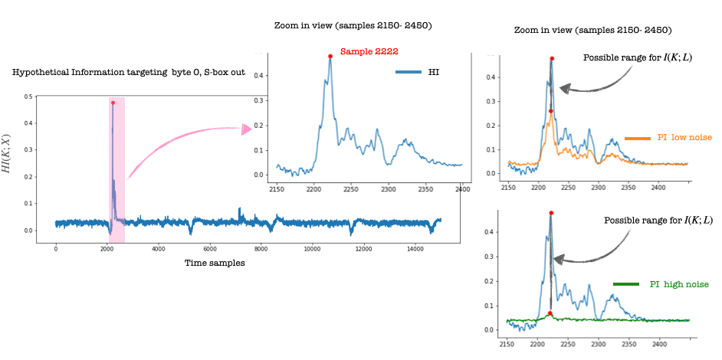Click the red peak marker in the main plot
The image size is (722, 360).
tap(113, 103)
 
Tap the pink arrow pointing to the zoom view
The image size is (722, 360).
tap(245, 129)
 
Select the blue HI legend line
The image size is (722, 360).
tap(409, 72)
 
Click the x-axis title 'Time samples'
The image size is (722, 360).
tap(215, 263)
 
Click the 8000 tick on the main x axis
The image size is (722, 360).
tap(261, 249)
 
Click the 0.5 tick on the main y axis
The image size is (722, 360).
tap(28, 97)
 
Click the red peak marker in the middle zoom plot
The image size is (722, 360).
tap(330, 56)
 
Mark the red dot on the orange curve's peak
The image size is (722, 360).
tap(551, 112)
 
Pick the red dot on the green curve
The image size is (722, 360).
tap(550, 313)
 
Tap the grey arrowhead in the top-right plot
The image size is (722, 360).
tap(565, 89)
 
